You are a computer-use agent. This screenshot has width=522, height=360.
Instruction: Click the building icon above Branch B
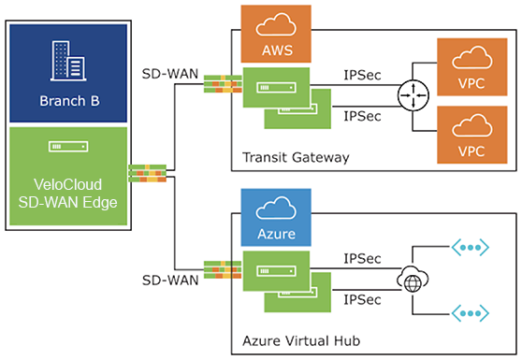coord(68,61)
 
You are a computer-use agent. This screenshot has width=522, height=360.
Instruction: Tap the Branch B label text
coord(69,101)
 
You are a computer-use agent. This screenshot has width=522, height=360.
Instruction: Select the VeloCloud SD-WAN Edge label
coord(68,194)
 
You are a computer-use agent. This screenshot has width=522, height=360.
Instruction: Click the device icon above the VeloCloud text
coord(68,147)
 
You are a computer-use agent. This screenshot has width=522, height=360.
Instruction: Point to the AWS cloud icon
coord(276,24)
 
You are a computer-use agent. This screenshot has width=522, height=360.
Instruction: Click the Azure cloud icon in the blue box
coord(276,208)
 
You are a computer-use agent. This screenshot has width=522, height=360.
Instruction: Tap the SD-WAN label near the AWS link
coord(170,74)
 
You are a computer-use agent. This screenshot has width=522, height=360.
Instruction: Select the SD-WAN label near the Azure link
coord(170,281)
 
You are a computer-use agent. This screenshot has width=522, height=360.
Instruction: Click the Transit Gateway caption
coord(296,157)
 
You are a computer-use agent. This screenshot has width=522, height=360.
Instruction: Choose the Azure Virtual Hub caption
coord(301,341)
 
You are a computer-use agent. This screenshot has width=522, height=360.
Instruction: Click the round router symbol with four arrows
coord(413,95)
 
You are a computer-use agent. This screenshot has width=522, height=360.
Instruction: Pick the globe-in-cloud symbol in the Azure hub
coord(413,280)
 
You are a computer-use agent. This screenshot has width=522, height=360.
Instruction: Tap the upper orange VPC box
coord(472,67)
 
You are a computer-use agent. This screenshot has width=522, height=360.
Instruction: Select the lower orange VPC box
coord(472,135)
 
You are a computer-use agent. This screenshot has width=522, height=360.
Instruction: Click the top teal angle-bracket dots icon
coord(470,247)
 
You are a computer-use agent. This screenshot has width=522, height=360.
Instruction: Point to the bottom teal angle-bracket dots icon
coord(470,313)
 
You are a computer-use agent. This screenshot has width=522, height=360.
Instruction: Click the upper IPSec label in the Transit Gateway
coord(362,75)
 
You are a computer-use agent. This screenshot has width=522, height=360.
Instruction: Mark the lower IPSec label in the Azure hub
coord(362,300)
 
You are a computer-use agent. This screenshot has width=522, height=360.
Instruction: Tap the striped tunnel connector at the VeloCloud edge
coord(147,173)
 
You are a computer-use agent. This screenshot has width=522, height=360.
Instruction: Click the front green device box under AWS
coord(276,88)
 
